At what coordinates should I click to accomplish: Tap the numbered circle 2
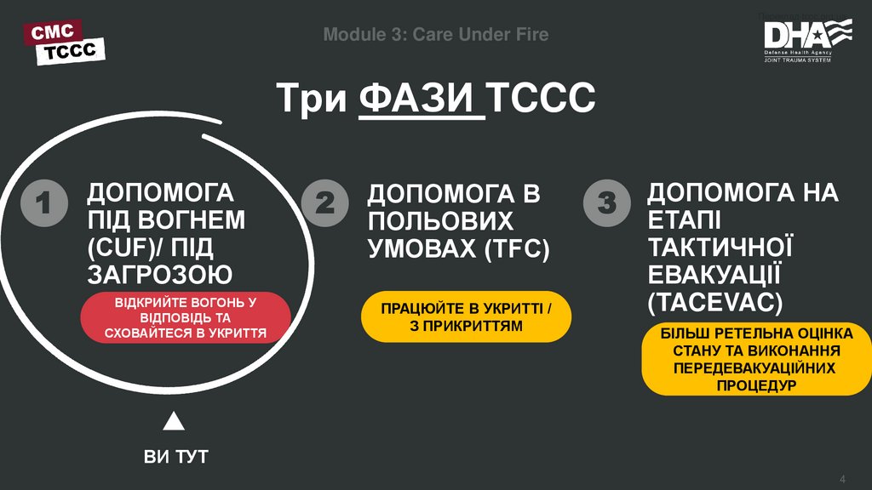tap(324, 204)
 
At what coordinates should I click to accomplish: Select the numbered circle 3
tap(605, 204)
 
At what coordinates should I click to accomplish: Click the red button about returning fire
tap(186, 317)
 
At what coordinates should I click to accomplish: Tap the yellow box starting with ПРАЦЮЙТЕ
tap(466, 316)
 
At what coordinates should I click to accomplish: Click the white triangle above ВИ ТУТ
tap(174, 421)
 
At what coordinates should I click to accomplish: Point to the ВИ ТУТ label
tap(175, 457)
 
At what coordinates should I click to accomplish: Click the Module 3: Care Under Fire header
tap(436, 35)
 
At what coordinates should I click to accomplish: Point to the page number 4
tap(843, 475)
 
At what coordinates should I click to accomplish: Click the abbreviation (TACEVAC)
tap(714, 302)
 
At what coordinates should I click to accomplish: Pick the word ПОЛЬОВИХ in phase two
tap(440, 221)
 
